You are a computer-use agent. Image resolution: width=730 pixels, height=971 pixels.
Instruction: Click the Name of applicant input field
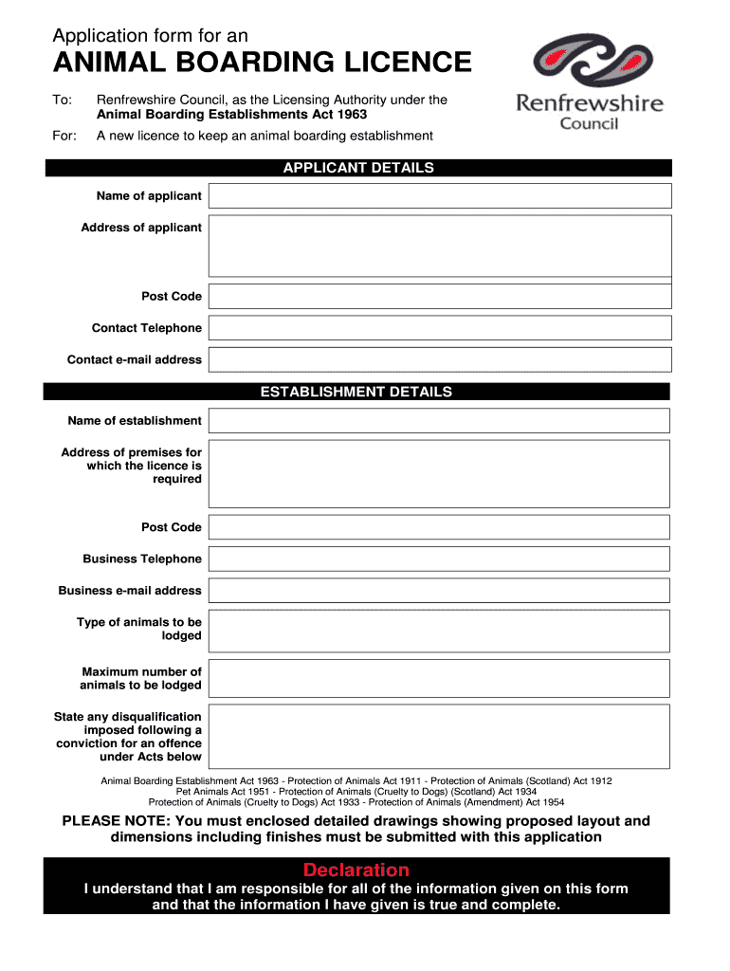click(439, 196)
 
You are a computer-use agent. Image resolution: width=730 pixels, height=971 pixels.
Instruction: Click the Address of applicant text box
click(439, 246)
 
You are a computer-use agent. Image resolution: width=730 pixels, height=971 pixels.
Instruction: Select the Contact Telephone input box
click(439, 328)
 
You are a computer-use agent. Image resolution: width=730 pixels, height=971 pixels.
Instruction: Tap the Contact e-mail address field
click(439, 359)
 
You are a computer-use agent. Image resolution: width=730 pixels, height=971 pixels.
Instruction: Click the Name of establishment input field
click(439, 421)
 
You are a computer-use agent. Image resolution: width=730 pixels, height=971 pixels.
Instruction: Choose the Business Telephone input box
click(439, 559)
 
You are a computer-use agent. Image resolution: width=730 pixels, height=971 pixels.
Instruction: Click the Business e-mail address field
click(439, 590)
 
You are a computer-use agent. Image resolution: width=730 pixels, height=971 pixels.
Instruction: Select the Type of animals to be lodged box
click(439, 630)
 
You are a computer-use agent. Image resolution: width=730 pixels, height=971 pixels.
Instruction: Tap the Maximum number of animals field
click(439, 678)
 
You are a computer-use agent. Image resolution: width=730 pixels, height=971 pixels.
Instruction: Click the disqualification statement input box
click(439, 736)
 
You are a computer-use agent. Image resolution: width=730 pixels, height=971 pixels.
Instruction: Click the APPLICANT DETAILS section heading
click(358, 168)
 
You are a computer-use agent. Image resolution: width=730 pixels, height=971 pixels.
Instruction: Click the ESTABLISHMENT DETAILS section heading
click(356, 392)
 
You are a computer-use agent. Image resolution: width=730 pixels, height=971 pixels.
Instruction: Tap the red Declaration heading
click(356, 870)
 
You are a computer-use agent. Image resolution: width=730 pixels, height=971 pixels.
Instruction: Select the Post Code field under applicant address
click(439, 296)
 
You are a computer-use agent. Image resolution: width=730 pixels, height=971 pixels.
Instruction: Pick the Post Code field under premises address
click(439, 527)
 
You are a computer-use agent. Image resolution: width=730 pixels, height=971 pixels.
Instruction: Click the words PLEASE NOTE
click(116, 821)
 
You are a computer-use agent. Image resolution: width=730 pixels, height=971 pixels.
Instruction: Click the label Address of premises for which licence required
click(132, 466)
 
